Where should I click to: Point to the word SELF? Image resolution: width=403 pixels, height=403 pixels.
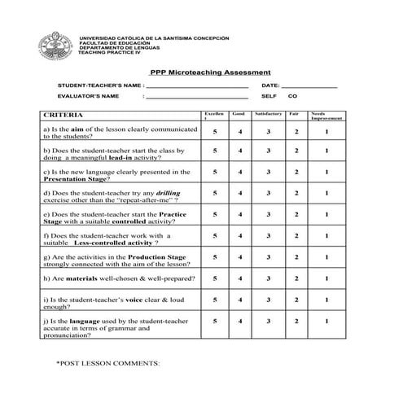pos(269,96)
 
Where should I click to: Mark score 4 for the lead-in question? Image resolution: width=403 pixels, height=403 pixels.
pos(239,151)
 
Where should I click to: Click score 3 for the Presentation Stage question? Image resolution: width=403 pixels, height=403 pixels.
pos(268,172)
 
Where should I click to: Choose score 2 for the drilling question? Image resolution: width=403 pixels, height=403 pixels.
pos(296,194)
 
